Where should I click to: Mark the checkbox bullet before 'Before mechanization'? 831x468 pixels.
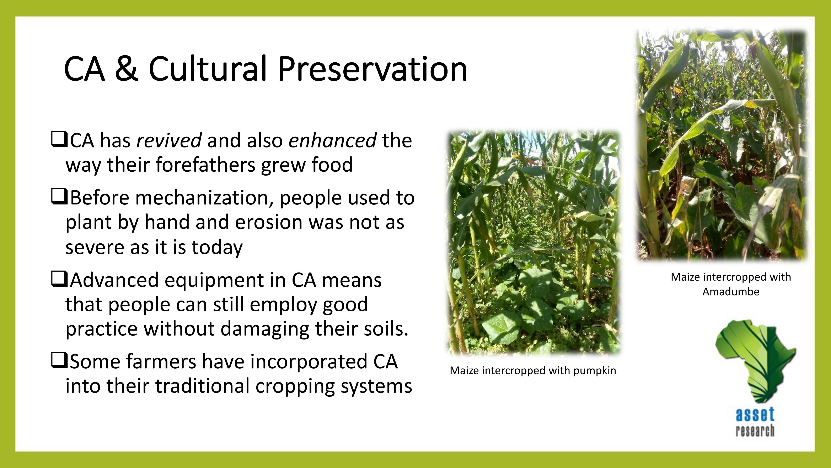click(x=59, y=197)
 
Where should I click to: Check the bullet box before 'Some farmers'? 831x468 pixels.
click(x=59, y=361)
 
